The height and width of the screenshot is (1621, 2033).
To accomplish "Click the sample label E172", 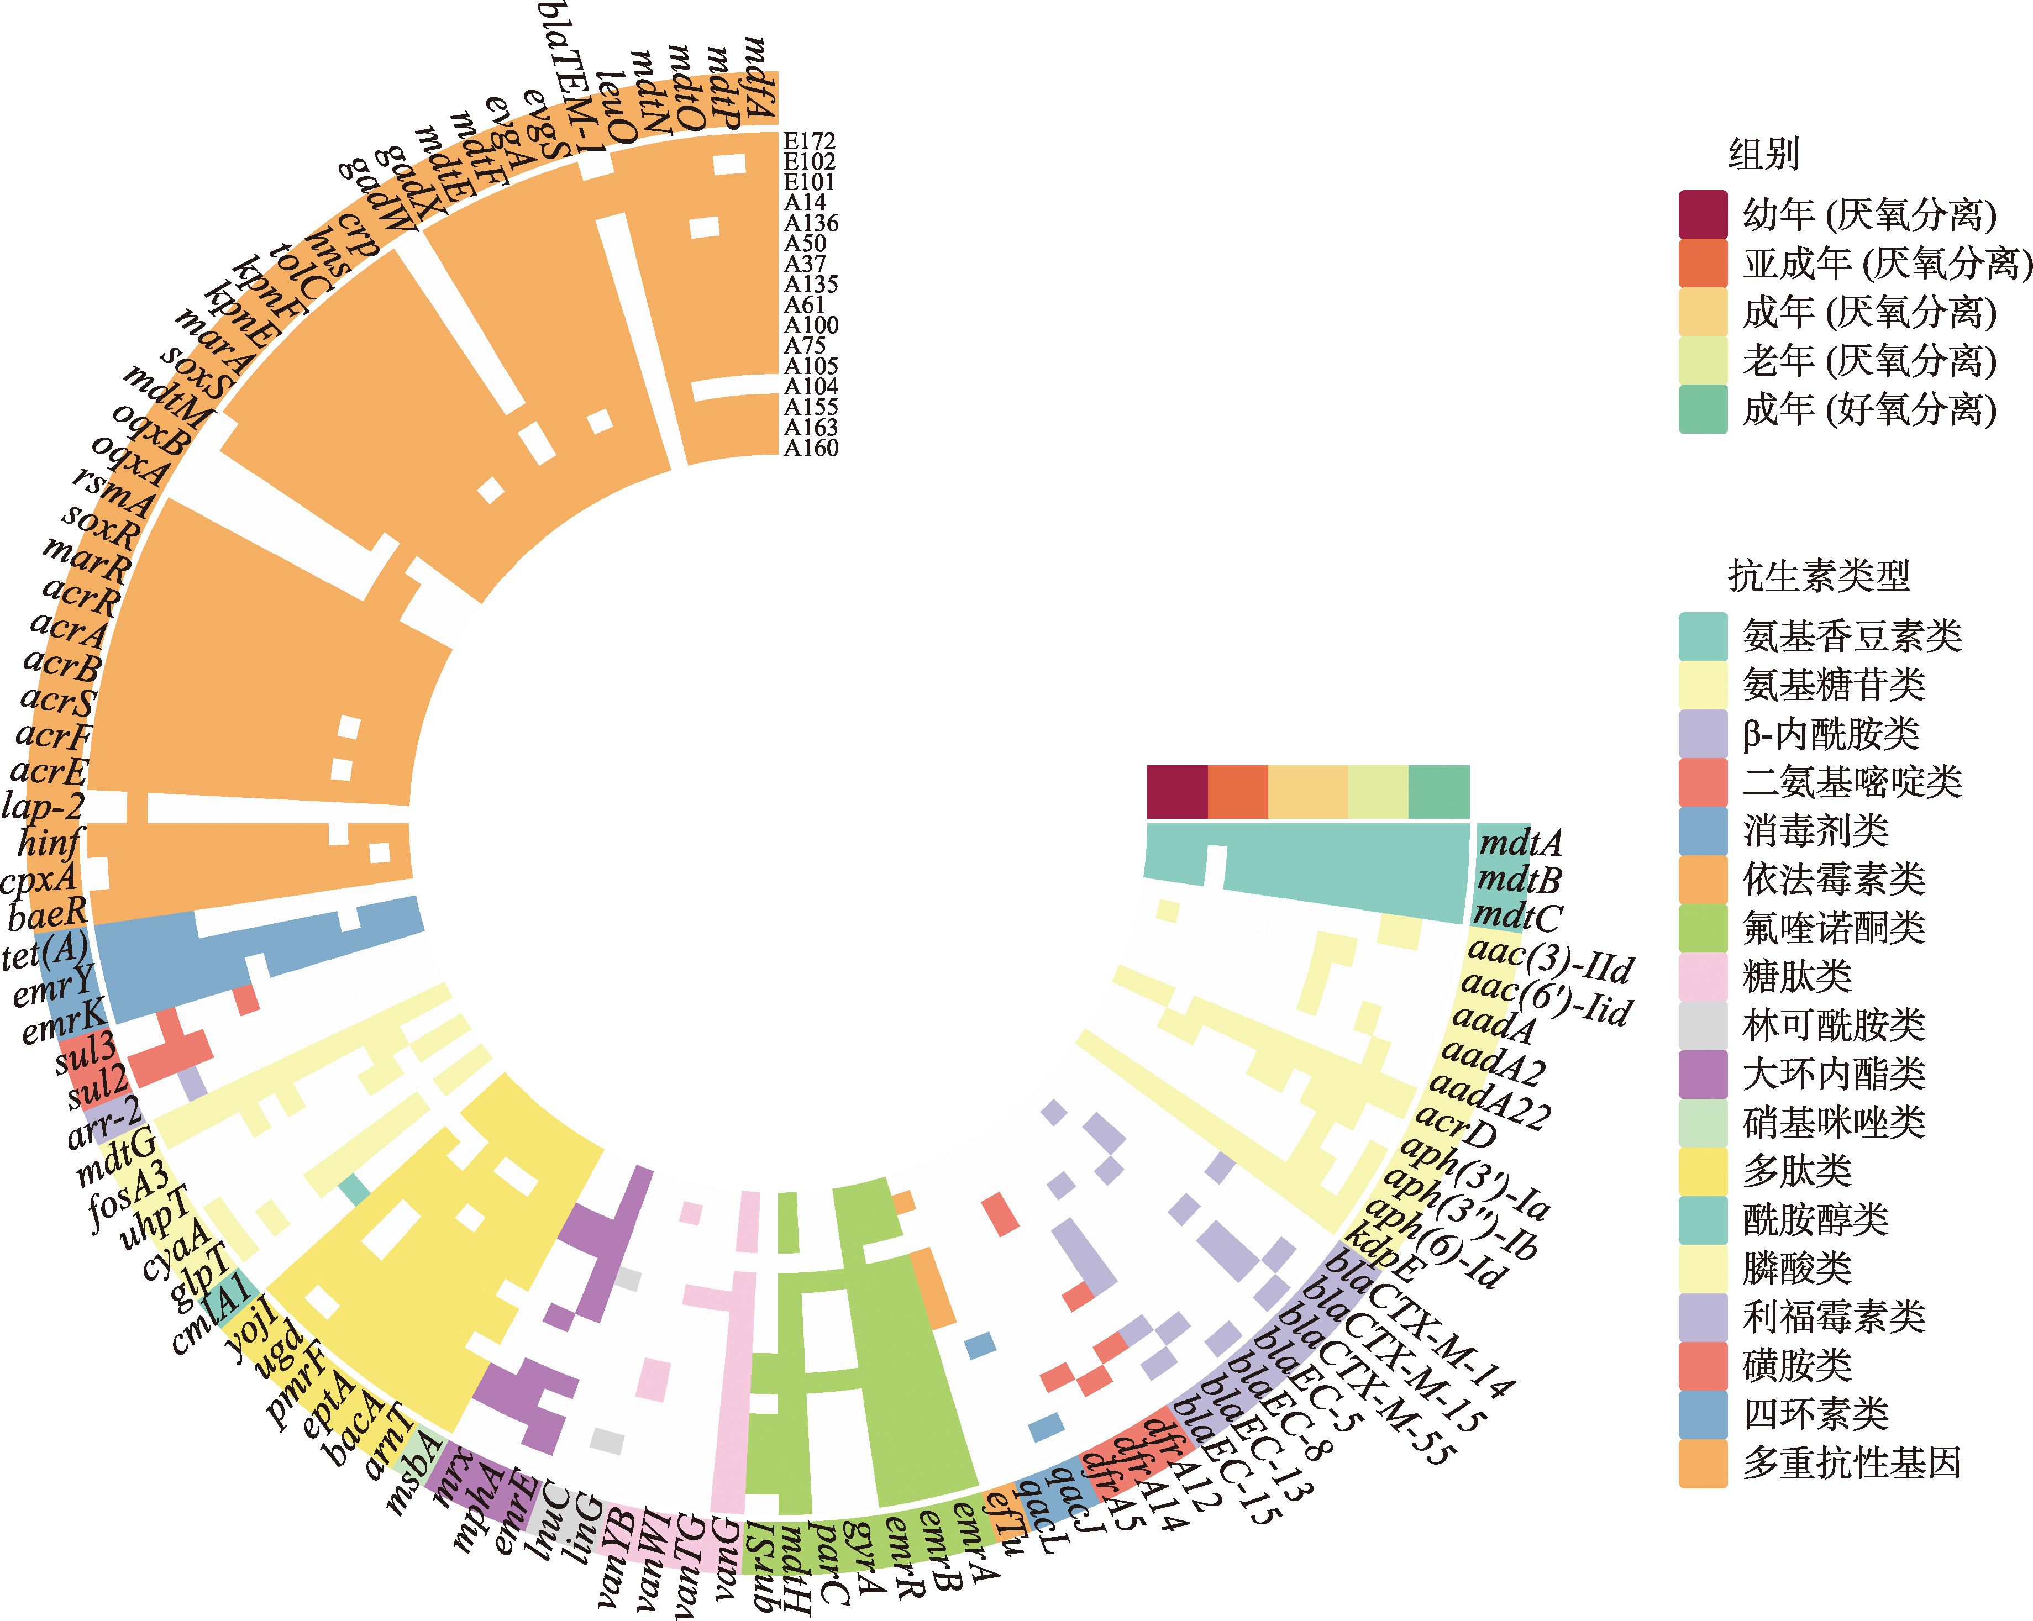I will (x=809, y=141).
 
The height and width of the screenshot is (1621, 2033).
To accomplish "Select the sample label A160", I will (x=811, y=448).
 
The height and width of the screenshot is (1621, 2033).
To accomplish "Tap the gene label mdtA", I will (x=1520, y=842).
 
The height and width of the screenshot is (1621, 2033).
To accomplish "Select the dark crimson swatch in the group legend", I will (x=1703, y=214).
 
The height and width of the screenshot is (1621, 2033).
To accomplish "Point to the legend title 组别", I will (x=1763, y=153).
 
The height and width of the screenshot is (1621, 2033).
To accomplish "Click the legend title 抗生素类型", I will (x=1818, y=575).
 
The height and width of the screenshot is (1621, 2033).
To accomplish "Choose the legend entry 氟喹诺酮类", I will (x=1833, y=928).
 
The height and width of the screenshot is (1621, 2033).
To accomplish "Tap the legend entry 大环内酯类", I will (x=1833, y=1073).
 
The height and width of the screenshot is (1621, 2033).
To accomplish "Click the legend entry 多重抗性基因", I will (x=1851, y=1462).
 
